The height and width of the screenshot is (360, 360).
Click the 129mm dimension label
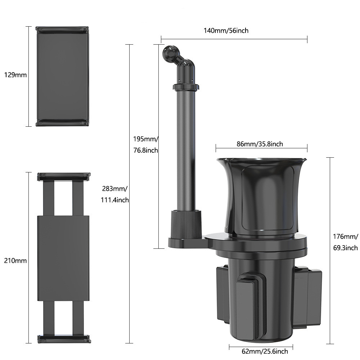coord(15,75)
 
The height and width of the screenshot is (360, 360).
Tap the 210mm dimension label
coord(15,261)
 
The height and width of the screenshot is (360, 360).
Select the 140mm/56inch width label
coord(226,31)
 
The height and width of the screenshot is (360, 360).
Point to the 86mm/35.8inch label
coord(260,144)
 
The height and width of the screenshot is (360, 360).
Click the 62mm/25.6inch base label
coord(265,351)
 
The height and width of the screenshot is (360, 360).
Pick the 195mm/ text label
coord(145,139)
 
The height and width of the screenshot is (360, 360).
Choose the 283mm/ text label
coord(114,189)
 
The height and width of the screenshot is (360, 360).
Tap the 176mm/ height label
coord(345,237)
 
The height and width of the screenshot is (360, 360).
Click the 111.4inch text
coord(115,200)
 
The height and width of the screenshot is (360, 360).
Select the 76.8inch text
coord(146,150)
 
